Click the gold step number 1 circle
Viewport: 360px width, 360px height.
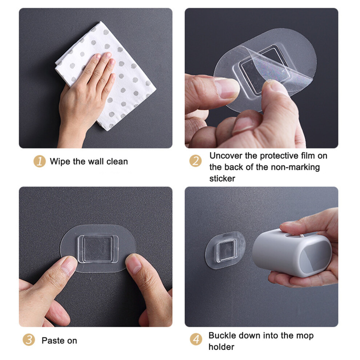(x=40, y=161)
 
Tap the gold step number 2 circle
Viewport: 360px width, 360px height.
(x=196, y=161)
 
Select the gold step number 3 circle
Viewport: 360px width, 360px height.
(x=29, y=340)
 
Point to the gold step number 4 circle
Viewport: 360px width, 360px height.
(x=196, y=339)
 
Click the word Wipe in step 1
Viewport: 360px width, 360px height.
(x=60, y=161)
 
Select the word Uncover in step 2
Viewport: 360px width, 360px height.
(x=226, y=156)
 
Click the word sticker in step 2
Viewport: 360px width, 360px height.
(x=222, y=179)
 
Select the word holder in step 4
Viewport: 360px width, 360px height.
(x=221, y=347)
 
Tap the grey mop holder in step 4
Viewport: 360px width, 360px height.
(x=292, y=253)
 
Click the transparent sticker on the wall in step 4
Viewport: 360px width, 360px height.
(x=225, y=250)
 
